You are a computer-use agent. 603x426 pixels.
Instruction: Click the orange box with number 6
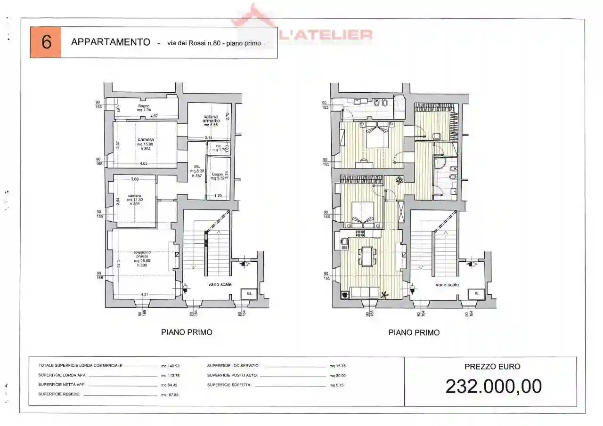tap(46, 42)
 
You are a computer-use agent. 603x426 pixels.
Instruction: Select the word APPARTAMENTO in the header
tap(110, 42)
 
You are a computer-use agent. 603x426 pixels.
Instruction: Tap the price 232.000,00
tap(493, 386)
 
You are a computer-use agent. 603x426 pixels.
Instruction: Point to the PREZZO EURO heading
tap(492, 367)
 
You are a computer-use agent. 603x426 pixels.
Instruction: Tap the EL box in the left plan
tap(249, 293)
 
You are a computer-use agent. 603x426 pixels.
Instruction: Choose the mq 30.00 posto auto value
tap(337, 376)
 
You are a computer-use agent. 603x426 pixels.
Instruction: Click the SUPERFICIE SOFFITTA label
tap(229, 385)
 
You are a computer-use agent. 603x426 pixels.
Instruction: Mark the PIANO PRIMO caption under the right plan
tap(414, 332)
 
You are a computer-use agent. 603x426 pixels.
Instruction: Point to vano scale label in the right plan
tap(447, 285)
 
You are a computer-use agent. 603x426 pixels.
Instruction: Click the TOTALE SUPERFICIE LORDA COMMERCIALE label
tap(81, 366)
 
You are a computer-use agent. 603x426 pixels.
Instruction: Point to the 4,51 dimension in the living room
tap(145, 295)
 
